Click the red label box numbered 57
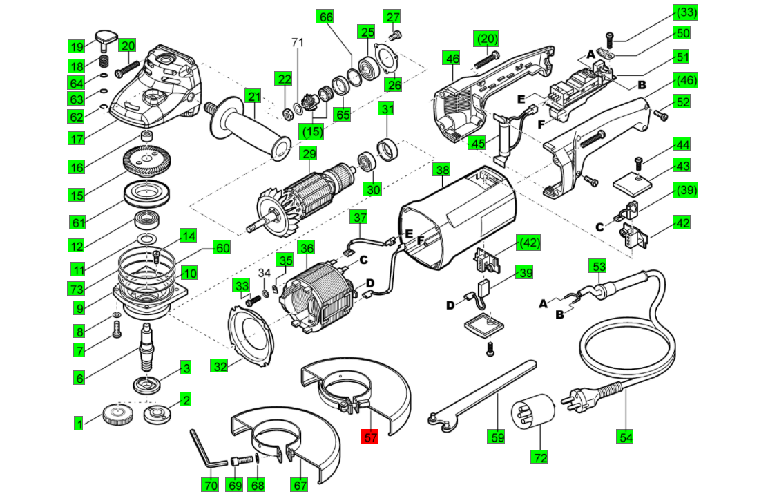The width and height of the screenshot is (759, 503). pos(370,437)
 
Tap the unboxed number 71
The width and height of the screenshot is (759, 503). pos(297,43)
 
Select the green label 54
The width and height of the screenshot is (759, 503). pos(626,437)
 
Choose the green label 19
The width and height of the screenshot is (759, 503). pos(77,47)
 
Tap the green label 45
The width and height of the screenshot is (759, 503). pos(477,142)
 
